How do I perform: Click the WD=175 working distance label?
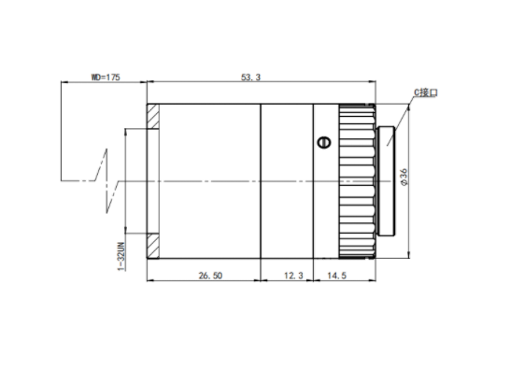(106, 78)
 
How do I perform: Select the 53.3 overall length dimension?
(250, 78)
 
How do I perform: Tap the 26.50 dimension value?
(210, 276)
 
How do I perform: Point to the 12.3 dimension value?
(293, 276)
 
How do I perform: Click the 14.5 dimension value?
(336, 276)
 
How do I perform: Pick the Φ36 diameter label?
(404, 177)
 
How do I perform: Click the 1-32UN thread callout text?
(121, 256)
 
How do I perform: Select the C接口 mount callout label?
(426, 92)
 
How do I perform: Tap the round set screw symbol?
(324, 143)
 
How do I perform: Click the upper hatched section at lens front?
(153, 116)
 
